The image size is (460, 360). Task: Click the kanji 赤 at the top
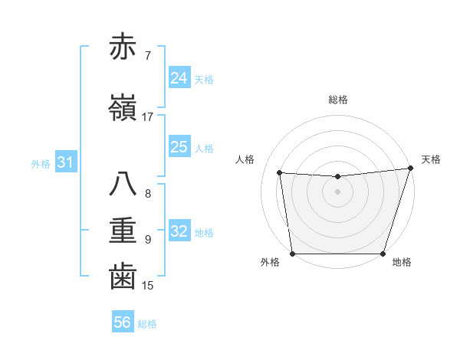coord(123,47)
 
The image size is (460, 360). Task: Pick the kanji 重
coord(123,231)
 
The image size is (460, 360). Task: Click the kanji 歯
coord(123,277)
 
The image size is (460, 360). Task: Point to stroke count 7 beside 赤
coord(148,56)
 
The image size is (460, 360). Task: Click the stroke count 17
coord(148,117)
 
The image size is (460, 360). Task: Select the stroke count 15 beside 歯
coord(148,286)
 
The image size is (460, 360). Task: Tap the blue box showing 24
coord(179,78)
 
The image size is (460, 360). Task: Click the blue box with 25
coord(179,147)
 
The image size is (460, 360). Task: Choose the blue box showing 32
coord(179,231)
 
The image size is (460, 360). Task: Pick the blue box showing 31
coord(65,162)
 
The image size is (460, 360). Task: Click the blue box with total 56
coord(123,322)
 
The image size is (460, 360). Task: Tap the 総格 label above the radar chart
coord(337,100)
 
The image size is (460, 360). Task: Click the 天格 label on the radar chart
coord(431,159)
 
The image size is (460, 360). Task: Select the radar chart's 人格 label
coord(245,159)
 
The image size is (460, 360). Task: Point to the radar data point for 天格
coord(410,169)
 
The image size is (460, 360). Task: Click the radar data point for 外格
coord(292,254)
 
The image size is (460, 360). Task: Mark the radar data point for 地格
coord(383,254)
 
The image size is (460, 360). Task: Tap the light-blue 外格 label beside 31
coord(40,163)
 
